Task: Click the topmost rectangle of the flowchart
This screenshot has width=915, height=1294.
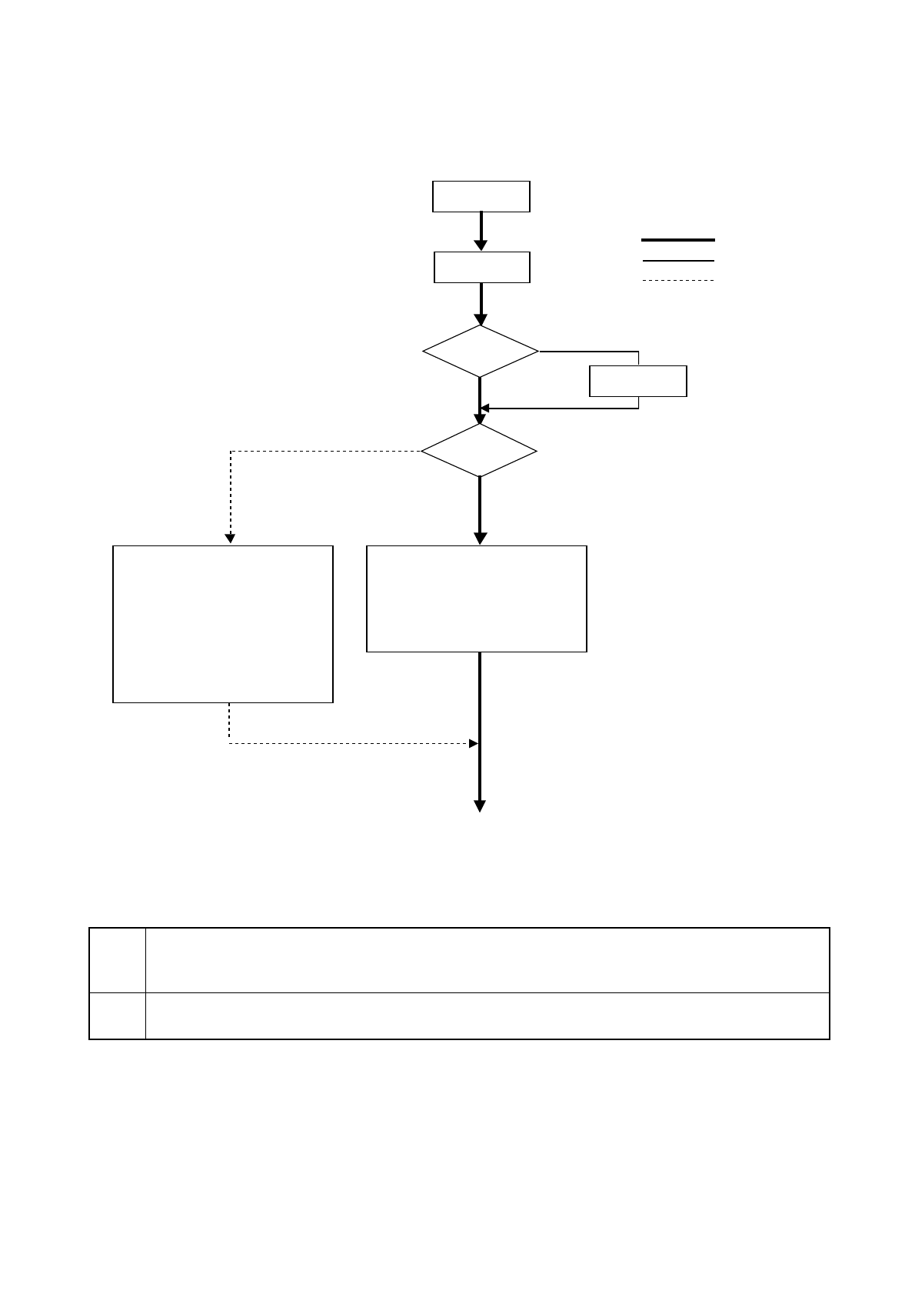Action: (481, 196)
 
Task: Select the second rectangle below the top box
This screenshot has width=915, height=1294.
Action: (482, 267)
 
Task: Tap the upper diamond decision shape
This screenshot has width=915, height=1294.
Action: (481, 351)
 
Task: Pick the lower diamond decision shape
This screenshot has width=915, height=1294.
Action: (479, 451)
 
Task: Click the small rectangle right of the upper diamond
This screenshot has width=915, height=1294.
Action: (637, 381)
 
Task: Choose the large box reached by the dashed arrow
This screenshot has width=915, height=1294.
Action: (223, 624)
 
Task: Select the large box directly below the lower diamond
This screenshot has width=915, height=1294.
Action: (477, 599)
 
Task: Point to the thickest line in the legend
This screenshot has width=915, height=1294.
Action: (677, 240)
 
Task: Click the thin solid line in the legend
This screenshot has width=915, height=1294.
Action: (677, 261)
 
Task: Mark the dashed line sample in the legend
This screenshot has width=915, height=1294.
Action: (677, 280)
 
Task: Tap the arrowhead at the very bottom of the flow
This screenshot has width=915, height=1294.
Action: (480, 806)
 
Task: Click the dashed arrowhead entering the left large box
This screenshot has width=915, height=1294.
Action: (229, 539)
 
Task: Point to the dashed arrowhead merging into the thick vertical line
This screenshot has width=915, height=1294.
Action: (474, 743)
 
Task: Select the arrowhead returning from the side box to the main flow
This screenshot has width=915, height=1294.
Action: (485, 408)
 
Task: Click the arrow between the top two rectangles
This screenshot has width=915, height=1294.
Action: (481, 231)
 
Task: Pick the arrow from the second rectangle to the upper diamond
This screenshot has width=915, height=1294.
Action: (481, 304)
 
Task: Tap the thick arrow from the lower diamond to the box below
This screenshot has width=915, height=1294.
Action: (480, 512)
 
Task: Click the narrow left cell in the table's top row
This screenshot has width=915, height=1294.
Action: (118, 960)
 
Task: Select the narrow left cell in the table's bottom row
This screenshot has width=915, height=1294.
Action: (118, 1016)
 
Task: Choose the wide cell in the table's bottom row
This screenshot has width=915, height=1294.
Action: (487, 1016)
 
